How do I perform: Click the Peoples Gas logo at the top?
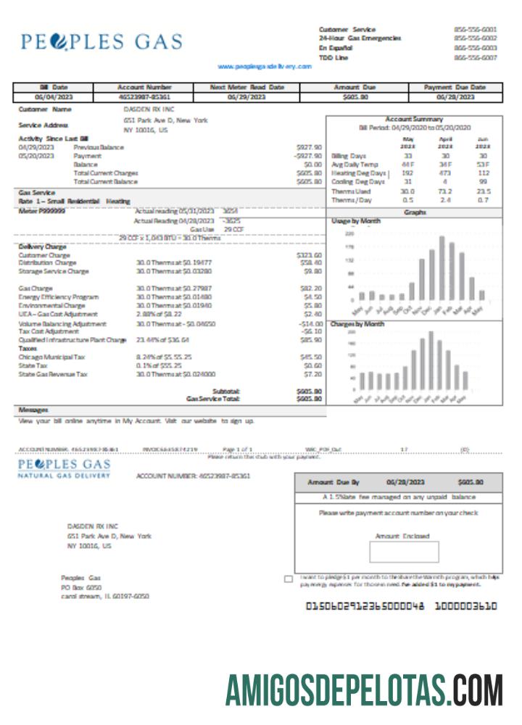pyautogui.click(x=101, y=41)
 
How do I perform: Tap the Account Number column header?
pyautogui.click(x=144, y=87)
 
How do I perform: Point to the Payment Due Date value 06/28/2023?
pyautogui.click(x=455, y=96)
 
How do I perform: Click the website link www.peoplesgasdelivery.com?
pyautogui.click(x=264, y=66)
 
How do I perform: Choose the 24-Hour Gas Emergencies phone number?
pyautogui.click(x=475, y=38)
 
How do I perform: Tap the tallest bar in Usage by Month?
pyautogui.click(x=442, y=268)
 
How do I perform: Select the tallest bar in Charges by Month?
pyautogui.click(x=431, y=361)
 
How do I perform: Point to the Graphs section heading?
pyautogui.click(x=414, y=212)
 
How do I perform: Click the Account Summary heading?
pyautogui.click(x=414, y=118)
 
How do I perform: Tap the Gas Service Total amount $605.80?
pyautogui.click(x=309, y=398)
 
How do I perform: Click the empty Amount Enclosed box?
pyautogui.click(x=404, y=552)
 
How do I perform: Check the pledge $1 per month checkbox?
pyautogui.click(x=289, y=579)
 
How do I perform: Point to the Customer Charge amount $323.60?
pyautogui.click(x=309, y=255)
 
